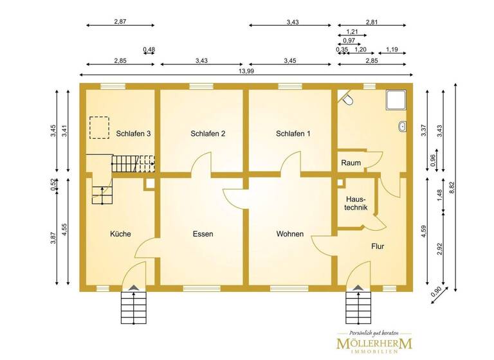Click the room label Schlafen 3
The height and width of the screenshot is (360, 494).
[134, 134]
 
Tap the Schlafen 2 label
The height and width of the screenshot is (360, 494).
[208, 134]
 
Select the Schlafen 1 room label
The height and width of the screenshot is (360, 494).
[293, 134]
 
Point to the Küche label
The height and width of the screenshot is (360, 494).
[120, 234]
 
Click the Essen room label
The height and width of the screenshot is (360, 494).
[203, 234]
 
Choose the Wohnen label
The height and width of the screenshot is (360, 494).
[290, 234]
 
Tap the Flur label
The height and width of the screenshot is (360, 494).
[378, 246]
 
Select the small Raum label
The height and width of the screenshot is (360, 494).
[351, 163]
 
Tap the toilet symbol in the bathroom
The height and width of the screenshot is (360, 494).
[347, 100]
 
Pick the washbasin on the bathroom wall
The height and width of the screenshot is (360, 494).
[402, 126]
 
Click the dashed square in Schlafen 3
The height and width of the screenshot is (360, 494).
[100, 127]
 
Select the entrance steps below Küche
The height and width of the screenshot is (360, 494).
[133, 306]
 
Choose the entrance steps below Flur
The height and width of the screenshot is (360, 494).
[358, 306]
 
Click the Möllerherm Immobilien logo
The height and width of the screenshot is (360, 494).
[376, 343]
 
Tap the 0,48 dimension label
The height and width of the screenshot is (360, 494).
[149, 50]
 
